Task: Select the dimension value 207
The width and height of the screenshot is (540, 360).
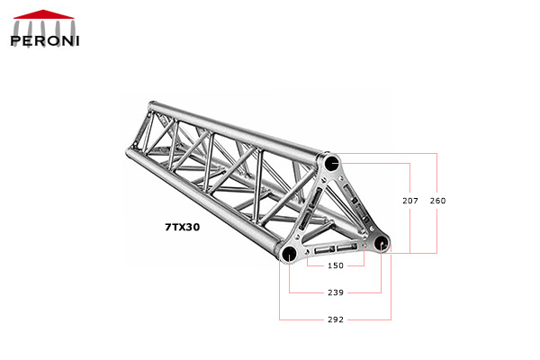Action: point(409,200)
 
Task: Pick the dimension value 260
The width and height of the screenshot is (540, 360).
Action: point(436,200)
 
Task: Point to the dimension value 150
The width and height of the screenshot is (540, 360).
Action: point(335,265)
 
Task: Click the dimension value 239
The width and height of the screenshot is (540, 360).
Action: point(335,292)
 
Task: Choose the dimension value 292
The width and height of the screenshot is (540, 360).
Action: point(335,319)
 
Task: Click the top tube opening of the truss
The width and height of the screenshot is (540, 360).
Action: point(332,164)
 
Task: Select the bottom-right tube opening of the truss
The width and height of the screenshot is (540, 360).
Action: point(381,243)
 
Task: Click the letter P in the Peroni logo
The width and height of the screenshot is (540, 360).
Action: point(16,39)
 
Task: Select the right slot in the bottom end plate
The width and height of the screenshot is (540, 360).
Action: point(346,247)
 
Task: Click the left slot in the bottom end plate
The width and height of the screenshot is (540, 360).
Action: point(319,250)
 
